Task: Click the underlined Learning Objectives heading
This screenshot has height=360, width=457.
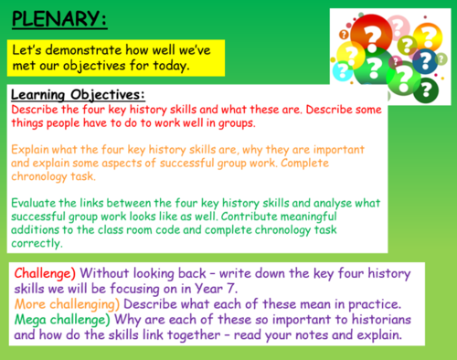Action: click(x=78, y=95)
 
